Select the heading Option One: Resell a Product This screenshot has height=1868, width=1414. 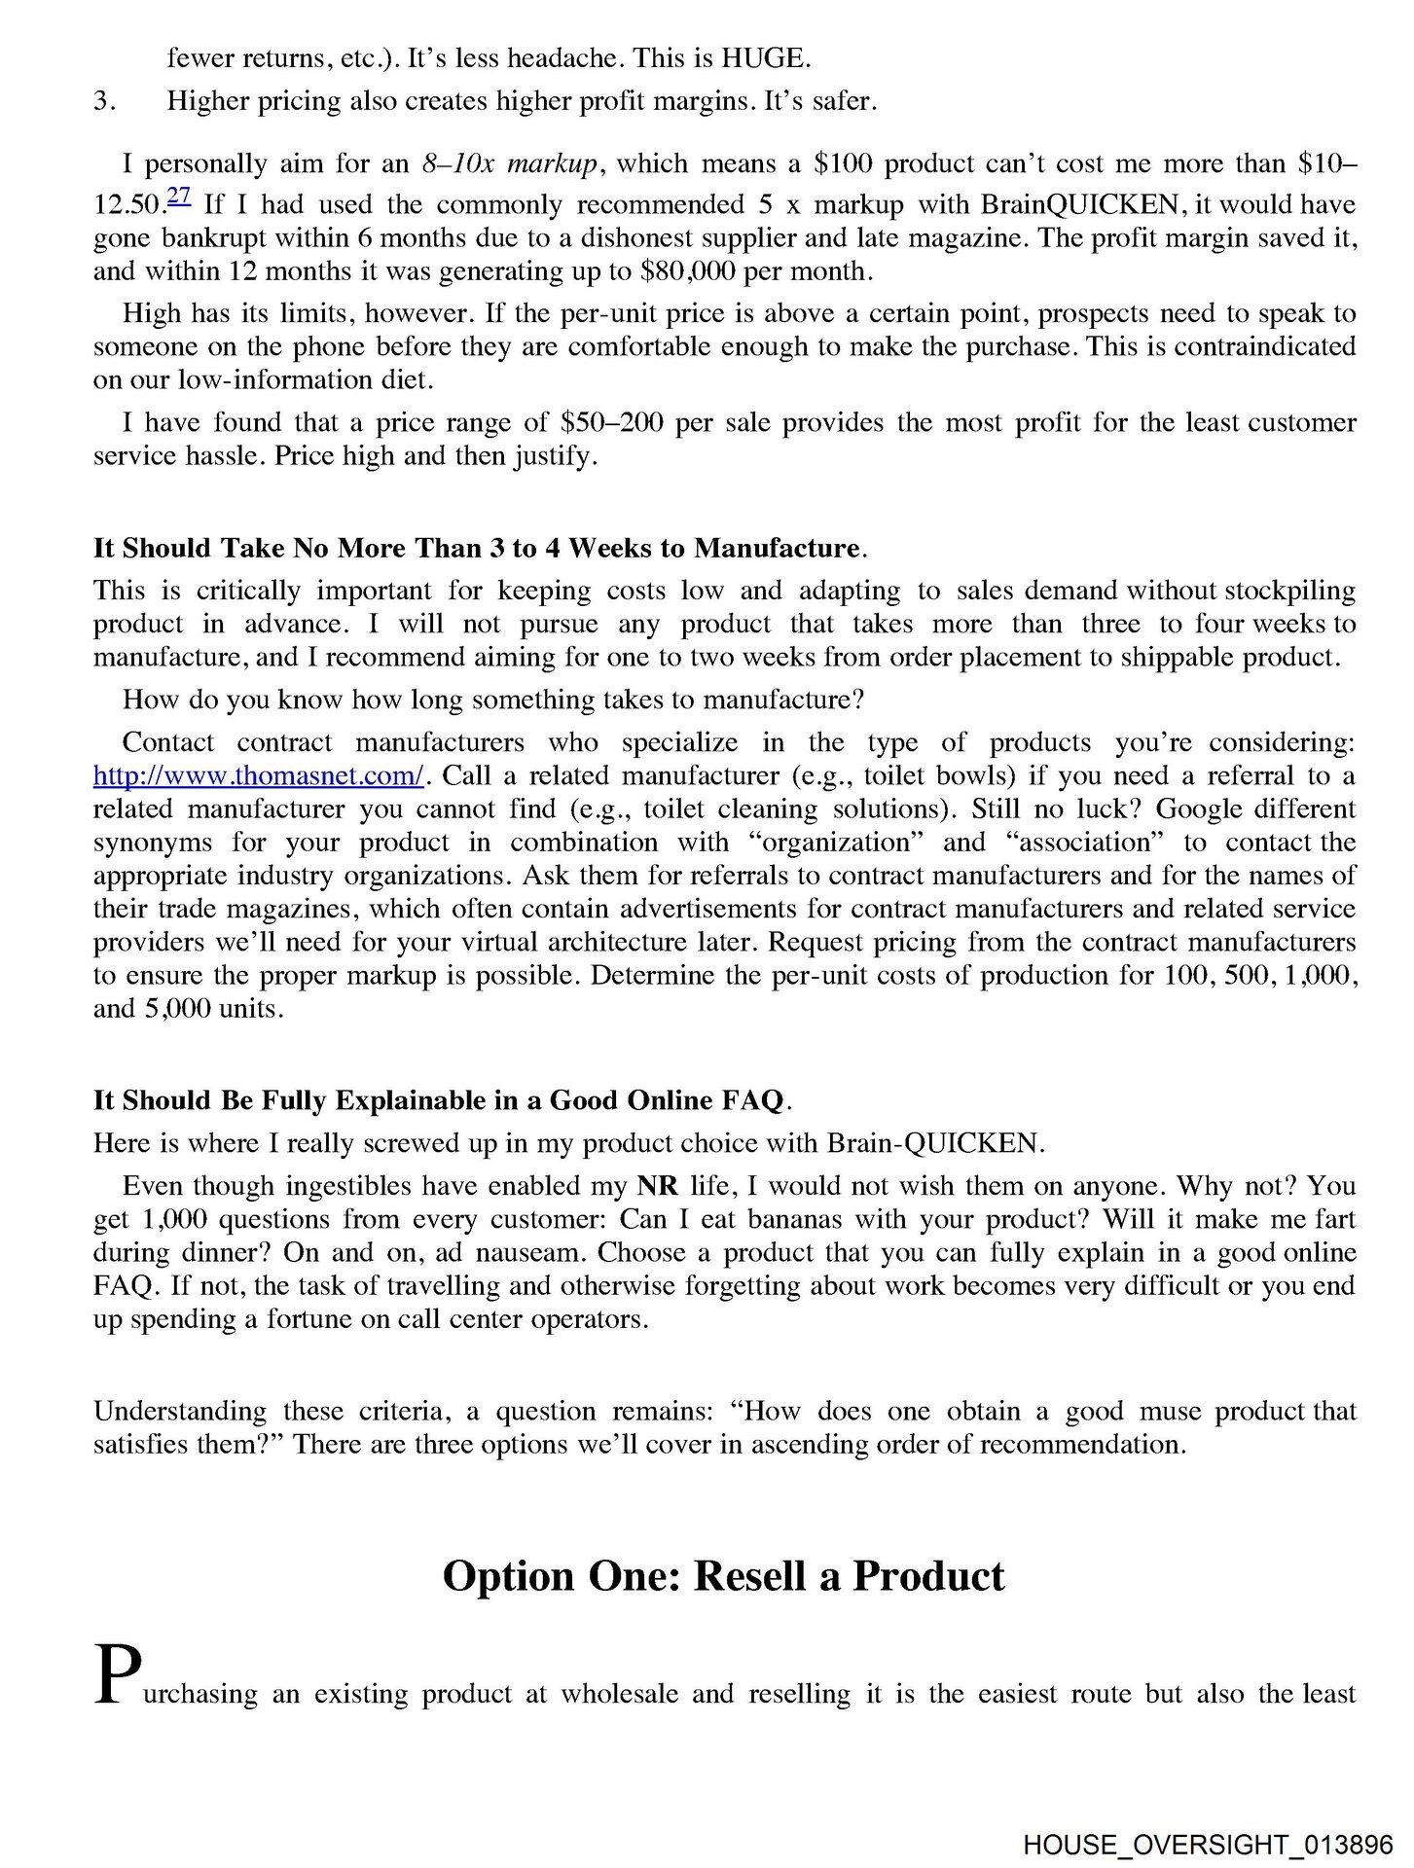(x=723, y=1576)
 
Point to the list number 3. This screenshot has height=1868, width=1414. (x=104, y=101)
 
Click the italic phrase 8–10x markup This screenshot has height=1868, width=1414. (x=508, y=163)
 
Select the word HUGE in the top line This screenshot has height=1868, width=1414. (x=764, y=58)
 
